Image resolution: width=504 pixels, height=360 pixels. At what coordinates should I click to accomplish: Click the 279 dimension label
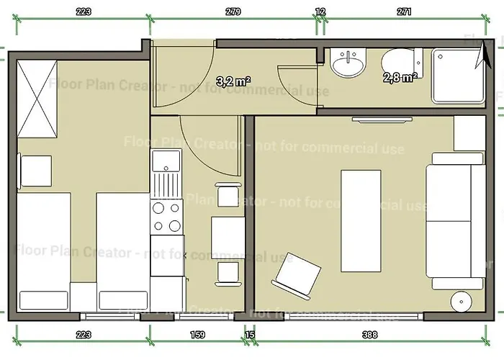click(233, 12)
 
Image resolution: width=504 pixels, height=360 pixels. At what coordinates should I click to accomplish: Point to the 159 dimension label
click(197, 334)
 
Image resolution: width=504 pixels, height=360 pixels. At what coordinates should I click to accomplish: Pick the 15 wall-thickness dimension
click(250, 334)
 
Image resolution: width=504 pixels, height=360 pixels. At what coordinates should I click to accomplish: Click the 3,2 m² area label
click(234, 81)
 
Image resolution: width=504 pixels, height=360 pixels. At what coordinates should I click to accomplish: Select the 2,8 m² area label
click(400, 77)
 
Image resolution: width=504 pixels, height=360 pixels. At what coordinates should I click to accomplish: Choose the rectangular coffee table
click(360, 220)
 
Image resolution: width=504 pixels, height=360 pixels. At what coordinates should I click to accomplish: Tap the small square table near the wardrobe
click(35, 170)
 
